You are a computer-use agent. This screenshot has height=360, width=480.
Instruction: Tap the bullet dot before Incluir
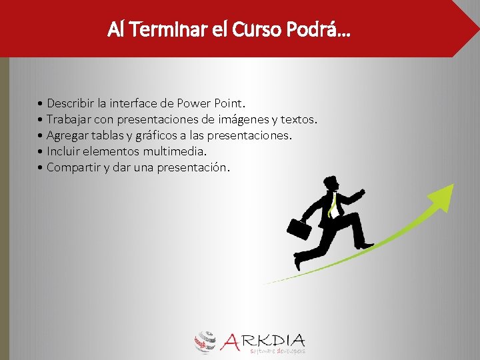click(x=41, y=151)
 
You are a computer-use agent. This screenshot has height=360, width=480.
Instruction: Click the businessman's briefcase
click(x=299, y=229)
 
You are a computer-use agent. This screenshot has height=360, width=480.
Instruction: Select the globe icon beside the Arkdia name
click(x=206, y=341)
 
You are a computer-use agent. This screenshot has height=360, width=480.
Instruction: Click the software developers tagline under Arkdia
click(x=277, y=350)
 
